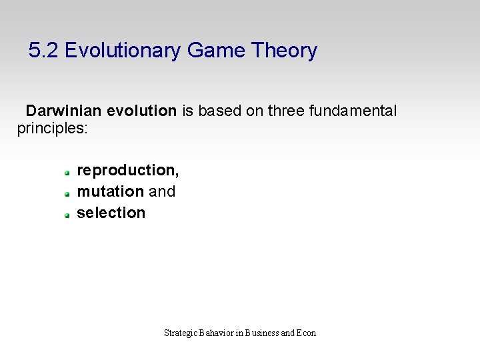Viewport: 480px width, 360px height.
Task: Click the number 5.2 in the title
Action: (x=44, y=51)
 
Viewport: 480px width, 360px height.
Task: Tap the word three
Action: (x=285, y=111)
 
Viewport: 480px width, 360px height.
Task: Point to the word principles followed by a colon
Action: (x=52, y=127)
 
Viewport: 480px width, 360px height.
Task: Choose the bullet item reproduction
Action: (x=128, y=171)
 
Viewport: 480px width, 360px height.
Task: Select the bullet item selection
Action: (x=111, y=213)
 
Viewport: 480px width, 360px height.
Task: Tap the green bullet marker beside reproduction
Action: (x=67, y=173)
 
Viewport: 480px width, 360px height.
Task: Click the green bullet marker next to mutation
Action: (x=67, y=194)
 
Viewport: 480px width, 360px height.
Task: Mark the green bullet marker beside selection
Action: (x=67, y=215)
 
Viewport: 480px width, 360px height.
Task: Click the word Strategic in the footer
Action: (x=180, y=333)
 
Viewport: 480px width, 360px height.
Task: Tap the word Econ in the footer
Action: (x=307, y=333)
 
